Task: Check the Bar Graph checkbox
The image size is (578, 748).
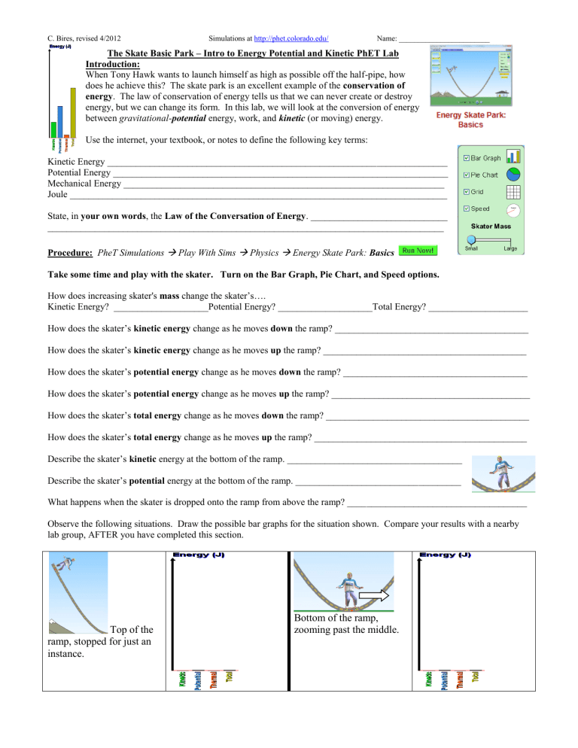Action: point(467,158)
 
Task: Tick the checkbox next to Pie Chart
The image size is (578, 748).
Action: point(467,175)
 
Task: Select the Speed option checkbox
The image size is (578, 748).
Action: point(467,208)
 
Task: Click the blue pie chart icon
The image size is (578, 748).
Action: point(514,175)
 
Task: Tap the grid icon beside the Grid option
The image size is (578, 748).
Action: point(514,191)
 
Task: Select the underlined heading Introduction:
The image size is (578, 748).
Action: point(118,65)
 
